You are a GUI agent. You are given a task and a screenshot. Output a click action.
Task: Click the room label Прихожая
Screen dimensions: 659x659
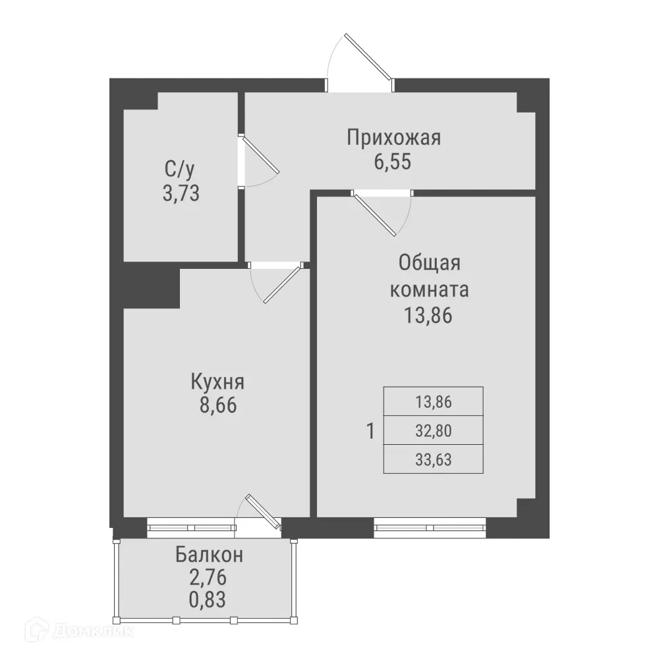(393, 138)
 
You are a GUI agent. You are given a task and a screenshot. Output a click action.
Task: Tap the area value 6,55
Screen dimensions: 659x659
(393, 162)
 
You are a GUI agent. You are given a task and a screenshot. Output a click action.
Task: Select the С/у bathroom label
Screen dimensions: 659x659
(180, 170)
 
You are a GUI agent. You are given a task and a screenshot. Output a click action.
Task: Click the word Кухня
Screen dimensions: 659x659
(217, 382)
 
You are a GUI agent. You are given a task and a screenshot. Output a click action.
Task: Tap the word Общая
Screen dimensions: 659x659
(428, 263)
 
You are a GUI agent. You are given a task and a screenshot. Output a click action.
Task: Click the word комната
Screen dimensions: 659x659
(429, 290)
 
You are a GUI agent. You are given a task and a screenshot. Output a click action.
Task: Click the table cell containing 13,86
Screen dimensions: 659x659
(433, 401)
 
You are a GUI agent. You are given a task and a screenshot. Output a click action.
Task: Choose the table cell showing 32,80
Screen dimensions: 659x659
(433, 430)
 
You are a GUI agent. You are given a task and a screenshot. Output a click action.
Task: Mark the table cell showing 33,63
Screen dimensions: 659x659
(433, 459)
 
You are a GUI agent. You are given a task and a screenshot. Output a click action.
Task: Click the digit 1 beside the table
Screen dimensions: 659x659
(370, 432)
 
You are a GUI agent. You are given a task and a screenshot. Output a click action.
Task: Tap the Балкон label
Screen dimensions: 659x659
(209, 555)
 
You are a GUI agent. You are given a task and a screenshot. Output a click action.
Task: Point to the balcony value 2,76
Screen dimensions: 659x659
(208, 578)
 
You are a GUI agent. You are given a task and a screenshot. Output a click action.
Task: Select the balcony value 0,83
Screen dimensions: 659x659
(208, 600)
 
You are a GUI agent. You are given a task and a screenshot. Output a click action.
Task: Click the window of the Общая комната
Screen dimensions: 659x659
(430, 527)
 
